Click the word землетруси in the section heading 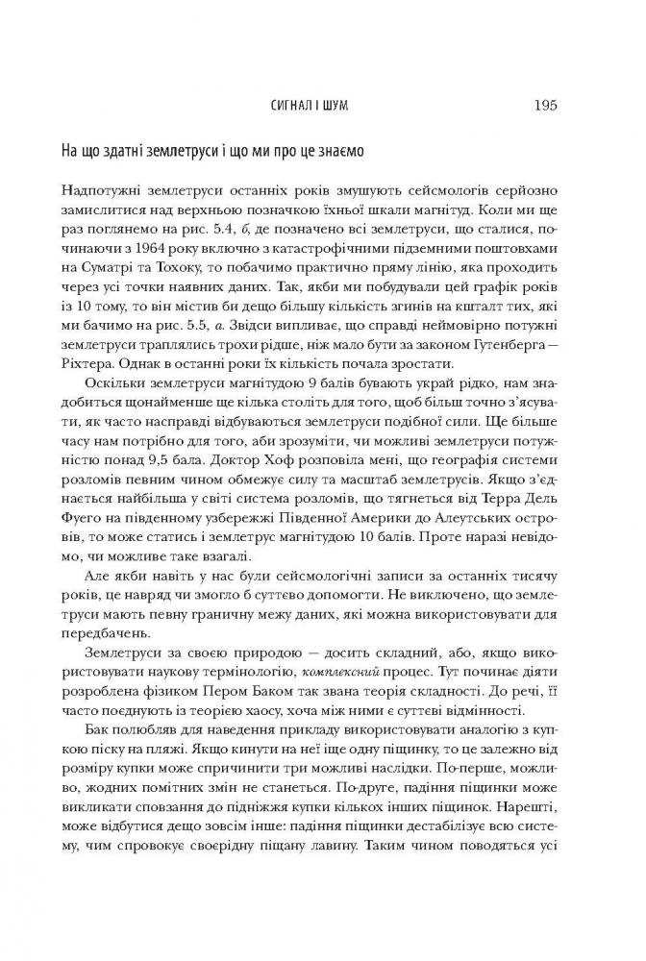pyautogui.click(x=167, y=152)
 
